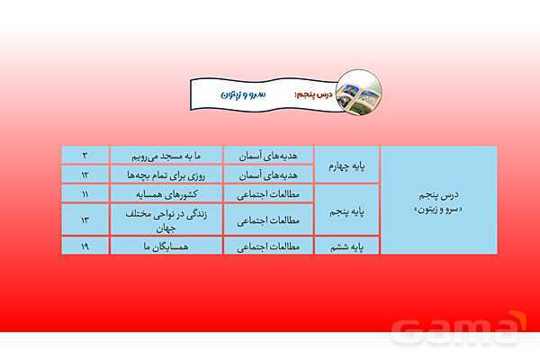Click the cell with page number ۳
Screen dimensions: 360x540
[84, 155]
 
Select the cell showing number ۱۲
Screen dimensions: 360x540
[84, 174]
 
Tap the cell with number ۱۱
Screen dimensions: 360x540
[84, 193]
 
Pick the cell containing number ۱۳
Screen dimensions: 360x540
[84, 219]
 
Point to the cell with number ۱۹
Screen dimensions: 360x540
[84, 245]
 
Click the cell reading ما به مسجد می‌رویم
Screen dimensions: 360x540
[166, 155]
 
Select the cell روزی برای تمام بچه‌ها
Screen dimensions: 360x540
[166, 174]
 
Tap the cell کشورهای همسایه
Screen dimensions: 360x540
[166, 193]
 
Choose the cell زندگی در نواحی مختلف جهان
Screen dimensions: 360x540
[166, 219]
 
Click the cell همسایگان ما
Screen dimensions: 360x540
[166, 245]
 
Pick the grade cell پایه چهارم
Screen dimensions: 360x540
[346, 164]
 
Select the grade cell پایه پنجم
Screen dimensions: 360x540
[346, 212]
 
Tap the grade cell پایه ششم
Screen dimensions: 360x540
[346, 245]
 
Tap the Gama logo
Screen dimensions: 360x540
[460, 327]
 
